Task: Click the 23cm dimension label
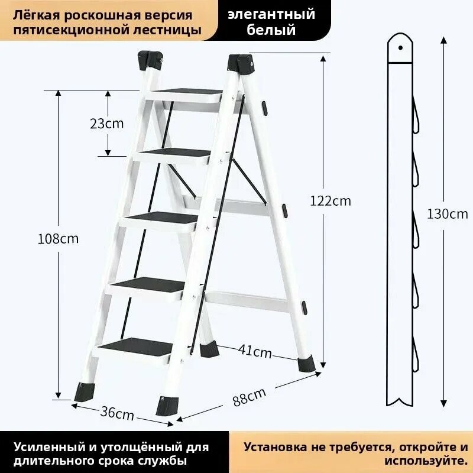(107, 124)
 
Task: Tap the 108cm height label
(57, 239)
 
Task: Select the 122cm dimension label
(331, 200)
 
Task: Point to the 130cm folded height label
(447, 214)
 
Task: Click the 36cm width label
(116, 413)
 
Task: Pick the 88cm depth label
(249, 397)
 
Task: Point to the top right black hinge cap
(242, 61)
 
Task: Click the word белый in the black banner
(273, 30)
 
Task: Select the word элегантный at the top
(272, 14)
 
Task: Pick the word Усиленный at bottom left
(44, 448)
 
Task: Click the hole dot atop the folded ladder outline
(401, 44)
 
